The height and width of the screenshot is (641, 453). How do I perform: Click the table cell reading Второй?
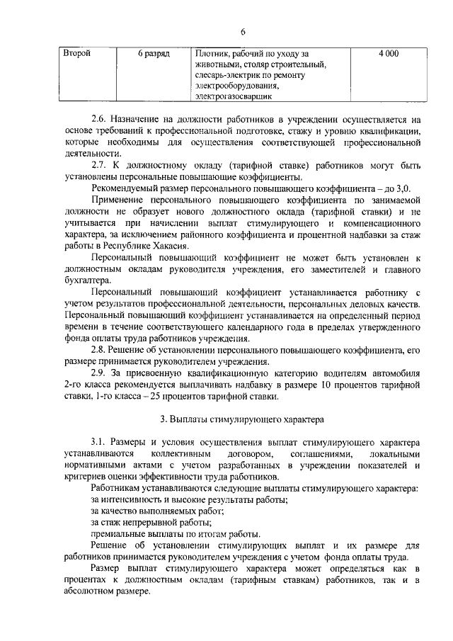[76, 54]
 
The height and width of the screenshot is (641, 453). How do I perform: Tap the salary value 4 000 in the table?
[389, 54]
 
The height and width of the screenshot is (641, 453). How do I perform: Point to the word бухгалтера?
[86, 280]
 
